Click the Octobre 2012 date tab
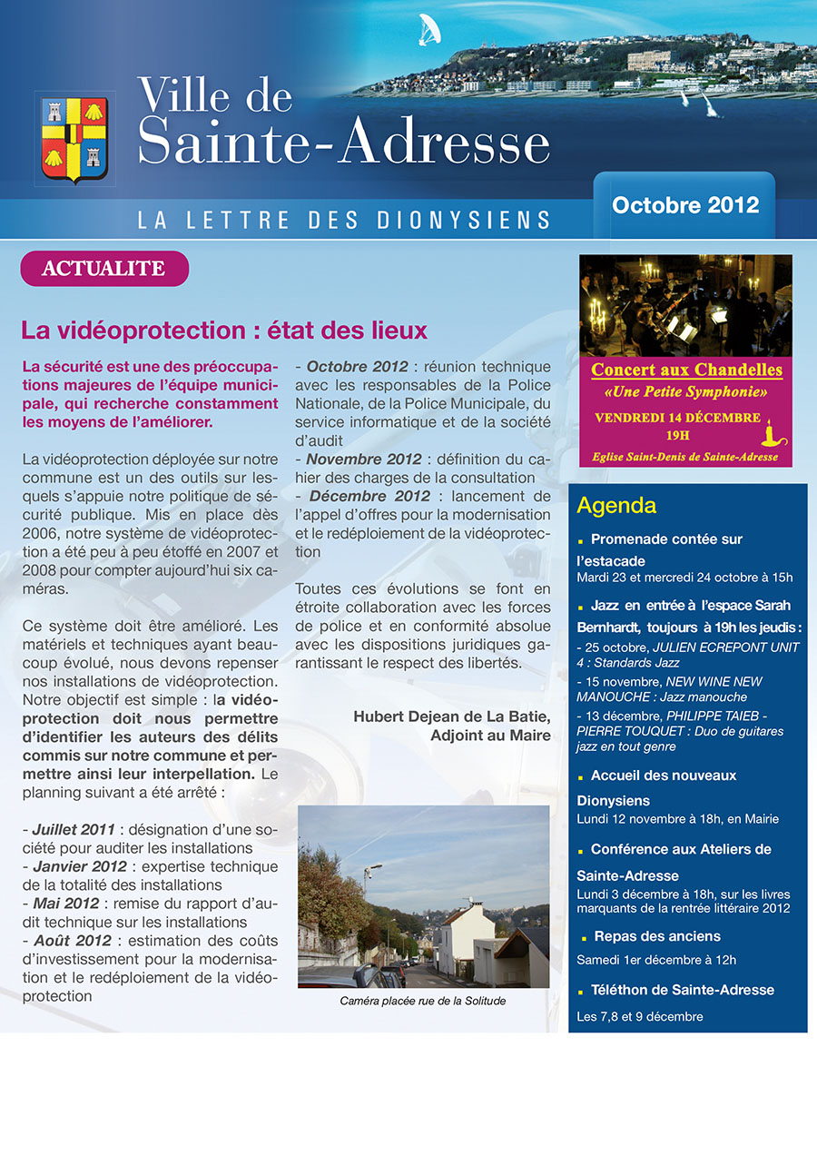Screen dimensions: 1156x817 [x=685, y=204]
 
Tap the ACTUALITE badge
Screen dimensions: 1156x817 [x=103, y=269]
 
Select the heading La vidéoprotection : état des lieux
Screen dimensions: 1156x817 [x=224, y=330]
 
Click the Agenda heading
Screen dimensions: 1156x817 [x=616, y=506]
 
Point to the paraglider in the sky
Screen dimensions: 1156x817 [x=426, y=31]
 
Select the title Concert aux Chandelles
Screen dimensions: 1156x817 [x=686, y=370]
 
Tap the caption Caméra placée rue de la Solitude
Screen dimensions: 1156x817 [x=422, y=1001]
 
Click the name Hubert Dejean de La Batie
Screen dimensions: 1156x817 [x=452, y=716]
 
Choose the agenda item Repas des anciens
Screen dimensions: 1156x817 [x=656, y=936]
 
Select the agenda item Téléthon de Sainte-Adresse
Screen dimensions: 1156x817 [x=682, y=990]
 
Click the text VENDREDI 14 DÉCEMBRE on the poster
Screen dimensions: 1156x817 [x=677, y=418]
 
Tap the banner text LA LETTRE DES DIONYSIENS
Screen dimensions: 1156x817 [x=344, y=220]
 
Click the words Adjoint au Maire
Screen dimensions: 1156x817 [x=490, y=736]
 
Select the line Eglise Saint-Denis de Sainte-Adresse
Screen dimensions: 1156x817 [x=686, y=457]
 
